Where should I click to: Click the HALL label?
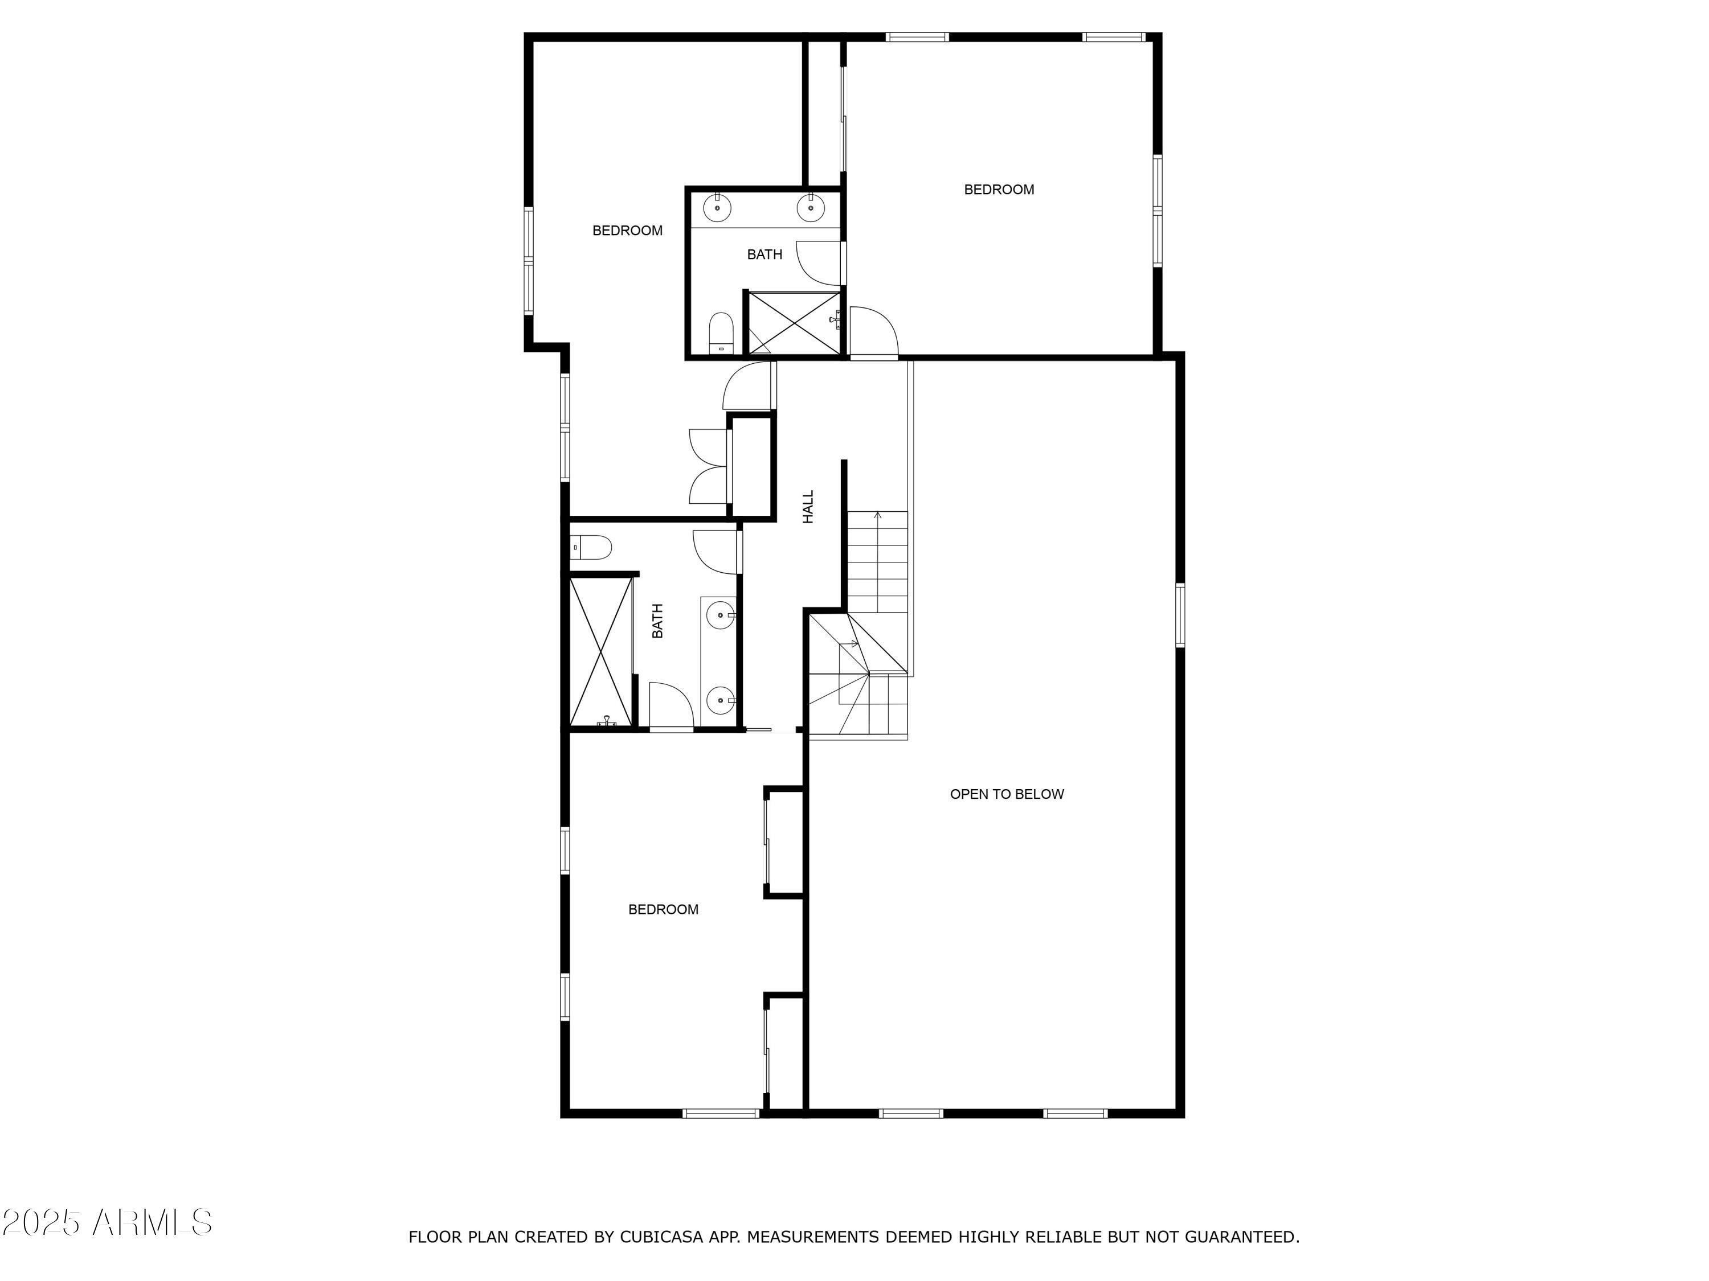coord(808,507)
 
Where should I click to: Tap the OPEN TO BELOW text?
coord(1007,794)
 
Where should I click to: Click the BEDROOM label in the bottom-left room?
coord(663,910)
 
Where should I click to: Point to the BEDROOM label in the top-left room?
coord(627,230)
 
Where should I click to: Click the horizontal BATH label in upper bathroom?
coord(764,254)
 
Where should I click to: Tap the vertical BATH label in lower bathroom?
coord(657,621)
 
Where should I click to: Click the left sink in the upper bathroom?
coord(717,208)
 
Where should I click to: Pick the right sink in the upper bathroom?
coord(811,208)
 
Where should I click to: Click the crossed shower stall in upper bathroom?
coord(794,323)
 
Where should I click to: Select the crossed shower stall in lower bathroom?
coord(600,651)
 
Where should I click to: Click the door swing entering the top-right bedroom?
coord(873,332)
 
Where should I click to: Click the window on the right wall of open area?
coord(1180,615)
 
